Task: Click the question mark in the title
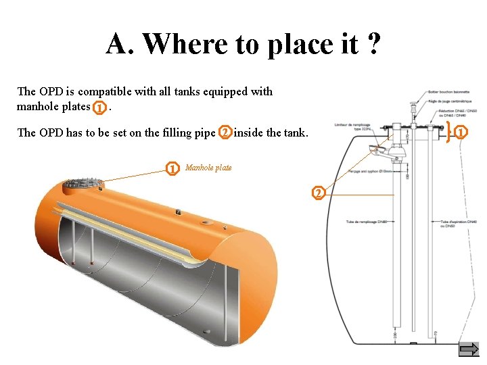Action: pos(371,45)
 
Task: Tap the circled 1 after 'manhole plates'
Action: pos(100,107)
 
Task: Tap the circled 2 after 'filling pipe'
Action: pos(225,132)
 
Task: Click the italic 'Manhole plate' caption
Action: pos(208,168)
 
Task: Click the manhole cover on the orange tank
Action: pos(82,184)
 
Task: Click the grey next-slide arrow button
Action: pos(468,349)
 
